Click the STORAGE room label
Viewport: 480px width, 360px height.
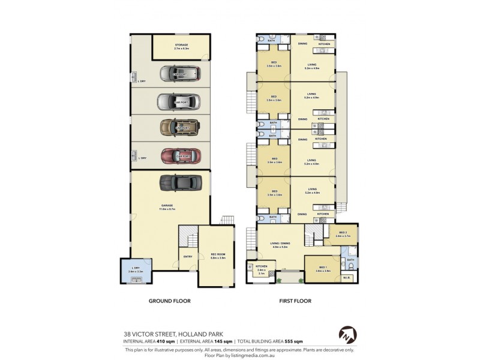181,45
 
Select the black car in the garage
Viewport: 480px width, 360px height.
176,182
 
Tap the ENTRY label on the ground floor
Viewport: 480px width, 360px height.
188,258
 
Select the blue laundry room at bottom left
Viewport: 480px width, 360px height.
136,271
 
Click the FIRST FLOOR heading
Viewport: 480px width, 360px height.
295,301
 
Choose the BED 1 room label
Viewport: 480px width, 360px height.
323,269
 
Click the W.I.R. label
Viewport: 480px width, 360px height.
346,277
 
